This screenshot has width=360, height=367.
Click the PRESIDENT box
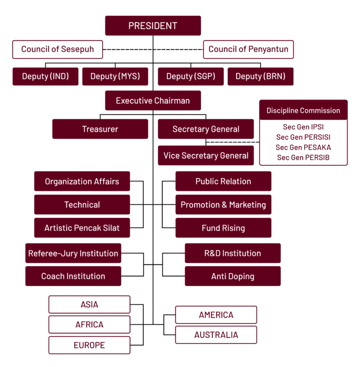tap(153, 26)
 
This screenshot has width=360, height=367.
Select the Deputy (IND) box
tap(45, 76)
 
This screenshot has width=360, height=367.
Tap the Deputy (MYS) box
tap(115, 76)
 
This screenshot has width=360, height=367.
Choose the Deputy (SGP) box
tap(191, 76)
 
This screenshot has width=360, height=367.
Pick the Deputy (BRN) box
tap(260, 76)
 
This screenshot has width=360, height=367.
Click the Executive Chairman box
tap(153, 101)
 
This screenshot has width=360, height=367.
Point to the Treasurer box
tap(100, 129)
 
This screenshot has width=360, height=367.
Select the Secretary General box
tap(206, 129)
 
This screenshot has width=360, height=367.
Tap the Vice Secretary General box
tap(206, 156)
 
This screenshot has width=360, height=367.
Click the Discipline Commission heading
tap(303, 111)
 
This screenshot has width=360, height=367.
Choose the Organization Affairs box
tap(82, 181)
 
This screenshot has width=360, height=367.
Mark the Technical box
tap(82, 205)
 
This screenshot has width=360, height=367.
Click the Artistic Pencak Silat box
tap(82, 228)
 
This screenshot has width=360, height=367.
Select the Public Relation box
tap(223, 181)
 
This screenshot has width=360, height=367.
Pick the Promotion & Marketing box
tap(223, 205)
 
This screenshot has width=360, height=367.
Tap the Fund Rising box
tap(223, 228)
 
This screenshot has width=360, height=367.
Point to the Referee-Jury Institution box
tap(73, 254)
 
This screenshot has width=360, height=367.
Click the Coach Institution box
tap(73, 276)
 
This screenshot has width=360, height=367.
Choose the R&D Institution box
tap(232, 254)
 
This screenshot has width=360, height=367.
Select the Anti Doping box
tap(232, 276)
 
